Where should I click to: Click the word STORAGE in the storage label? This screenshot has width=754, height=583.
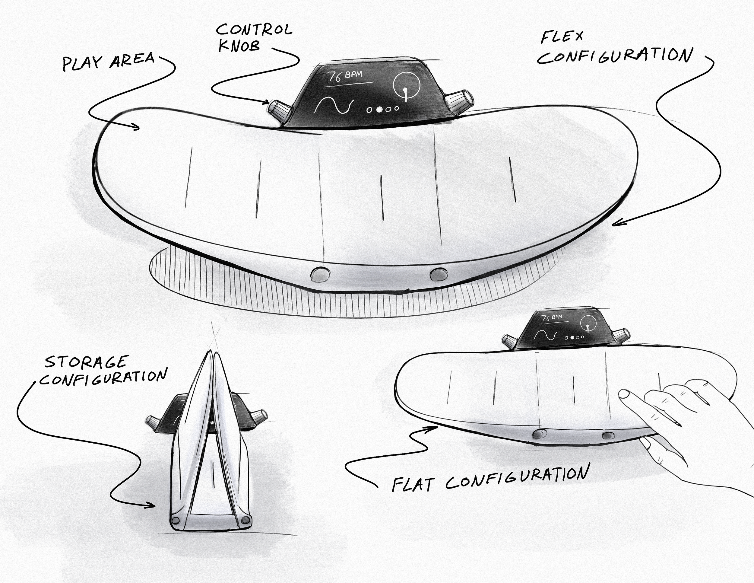click(86, 362)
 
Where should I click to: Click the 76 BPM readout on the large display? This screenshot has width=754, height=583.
click(345, 76)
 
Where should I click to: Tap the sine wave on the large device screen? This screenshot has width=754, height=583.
click(334, 105)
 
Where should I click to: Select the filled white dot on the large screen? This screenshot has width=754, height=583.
click(379, 110)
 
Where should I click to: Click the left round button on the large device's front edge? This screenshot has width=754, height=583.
click(318, 275)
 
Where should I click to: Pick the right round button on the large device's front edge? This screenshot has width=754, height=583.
click(439, 274)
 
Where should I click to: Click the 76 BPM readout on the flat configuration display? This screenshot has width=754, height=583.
click(552, 318)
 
